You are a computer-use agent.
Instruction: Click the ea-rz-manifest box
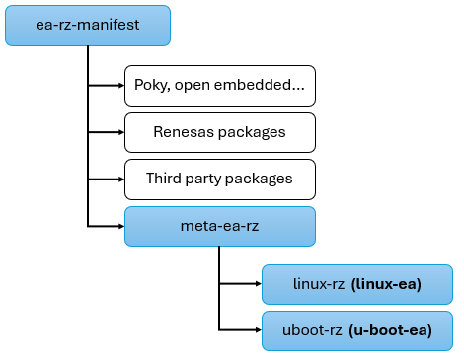click(x=88, y=25)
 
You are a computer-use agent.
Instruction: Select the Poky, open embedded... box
click(x=219, y=85)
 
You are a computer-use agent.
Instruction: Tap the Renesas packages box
click(x=219, y=131)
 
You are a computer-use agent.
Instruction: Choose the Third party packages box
click(x=219, y=179)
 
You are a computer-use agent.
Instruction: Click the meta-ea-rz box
click(x=219, y=226)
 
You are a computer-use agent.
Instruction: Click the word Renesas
click(x=184, y=131)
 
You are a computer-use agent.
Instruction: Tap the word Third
click(x=164, y=179)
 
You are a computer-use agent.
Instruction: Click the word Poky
click(x=150, y=85)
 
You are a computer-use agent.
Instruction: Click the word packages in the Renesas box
click(x=251, y=132)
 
